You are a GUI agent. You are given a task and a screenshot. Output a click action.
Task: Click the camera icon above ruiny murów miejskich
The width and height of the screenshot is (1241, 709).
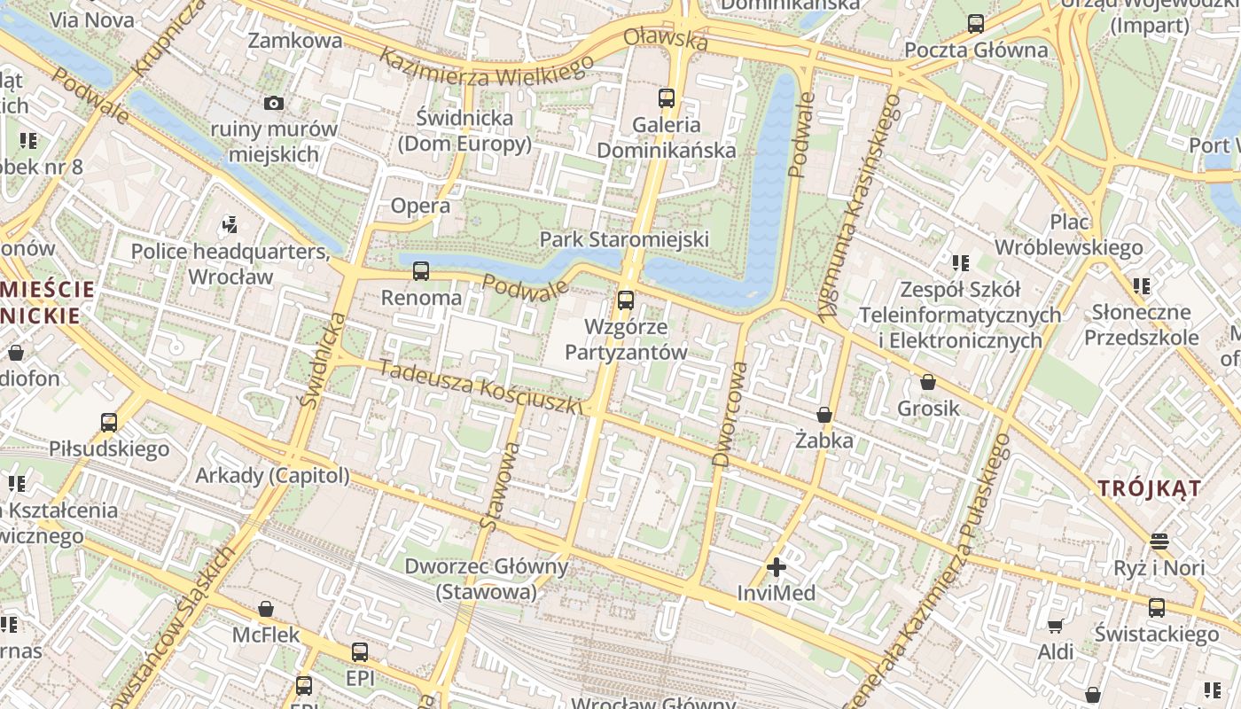pyautogui.click(x=274, y=104)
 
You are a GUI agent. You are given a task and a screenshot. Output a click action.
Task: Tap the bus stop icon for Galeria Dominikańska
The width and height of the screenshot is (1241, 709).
pyautogui.click(x=667, y=98)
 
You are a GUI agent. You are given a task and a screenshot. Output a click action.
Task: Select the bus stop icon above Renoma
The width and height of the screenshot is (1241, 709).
pyautogui.click(x=421, y=271)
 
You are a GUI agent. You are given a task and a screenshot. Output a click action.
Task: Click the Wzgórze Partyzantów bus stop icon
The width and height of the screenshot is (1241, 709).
pyautogui.click(x=626, y=300)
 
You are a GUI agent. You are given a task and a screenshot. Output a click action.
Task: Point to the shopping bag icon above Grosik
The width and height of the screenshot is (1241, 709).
pyautogui.click(x=927, y=382)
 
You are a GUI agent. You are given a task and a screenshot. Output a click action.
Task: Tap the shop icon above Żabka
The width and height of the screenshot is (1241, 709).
pyautogui.click(x=824, y=415)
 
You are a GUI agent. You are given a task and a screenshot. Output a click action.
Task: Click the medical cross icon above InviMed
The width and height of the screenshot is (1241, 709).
pyautogui.click(x=777, y=567)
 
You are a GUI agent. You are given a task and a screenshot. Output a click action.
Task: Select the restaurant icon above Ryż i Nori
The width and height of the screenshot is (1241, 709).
pyautogui.click(x=1159, y=541)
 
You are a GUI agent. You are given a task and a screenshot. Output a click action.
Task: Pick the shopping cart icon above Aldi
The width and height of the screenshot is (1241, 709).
pyautogui.click(x=1056, y=627)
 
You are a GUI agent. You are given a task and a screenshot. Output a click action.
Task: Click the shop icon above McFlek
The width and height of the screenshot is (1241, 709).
pyautogui.click(x=265, y=609)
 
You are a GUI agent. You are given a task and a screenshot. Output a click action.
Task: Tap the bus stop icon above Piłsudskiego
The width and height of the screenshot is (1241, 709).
pyautogui.click(x=109, y=422)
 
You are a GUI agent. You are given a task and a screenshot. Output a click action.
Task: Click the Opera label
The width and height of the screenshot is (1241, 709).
pyautogui.click(x=421, y=206)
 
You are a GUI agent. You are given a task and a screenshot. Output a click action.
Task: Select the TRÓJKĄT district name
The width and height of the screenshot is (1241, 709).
pyautogui.click(x=1150, y=488)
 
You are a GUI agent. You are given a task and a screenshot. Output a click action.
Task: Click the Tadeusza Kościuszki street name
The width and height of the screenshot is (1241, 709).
pyautogui.click(x=481, y=386)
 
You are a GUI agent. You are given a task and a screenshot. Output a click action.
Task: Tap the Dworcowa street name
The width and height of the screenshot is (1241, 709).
pyautogui.click(x=730, y=412)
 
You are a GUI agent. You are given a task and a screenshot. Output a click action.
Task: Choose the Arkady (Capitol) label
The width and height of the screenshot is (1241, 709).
pyautogui.click(x=272, y=476)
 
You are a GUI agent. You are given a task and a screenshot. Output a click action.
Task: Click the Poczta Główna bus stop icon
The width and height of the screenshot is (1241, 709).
pyautogui.click(x=976, y=24)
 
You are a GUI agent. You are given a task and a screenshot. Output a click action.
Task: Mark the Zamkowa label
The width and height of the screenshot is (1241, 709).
pyautogui.click(x=295, y=41)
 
